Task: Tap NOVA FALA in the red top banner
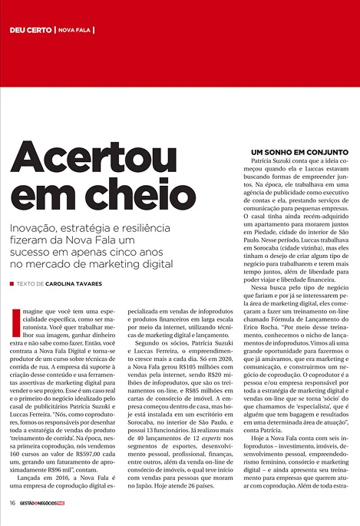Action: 74,30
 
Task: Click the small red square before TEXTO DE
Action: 12,283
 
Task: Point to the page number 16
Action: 12,503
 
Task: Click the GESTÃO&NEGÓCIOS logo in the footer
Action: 48,503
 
